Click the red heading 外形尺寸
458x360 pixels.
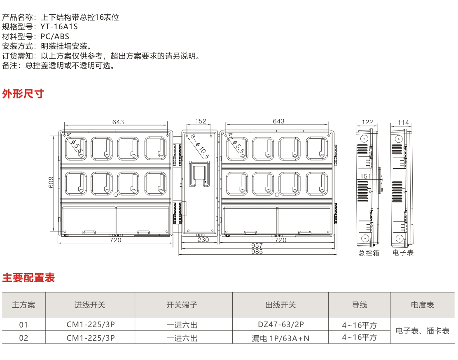click(x=23, y=94)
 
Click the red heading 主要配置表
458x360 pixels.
click(x=28, y=278)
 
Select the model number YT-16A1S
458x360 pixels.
click(x=59, y=27)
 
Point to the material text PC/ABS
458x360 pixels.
click(x=55, y=36)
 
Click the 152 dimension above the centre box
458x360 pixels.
click(x=201, y=121)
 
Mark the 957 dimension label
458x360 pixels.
click(x=257, y=246)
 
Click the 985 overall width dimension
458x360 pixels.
click(x=257, y=252)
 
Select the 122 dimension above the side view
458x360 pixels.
click(x=367, y=122)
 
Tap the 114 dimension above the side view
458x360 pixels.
click(x=403, y=122)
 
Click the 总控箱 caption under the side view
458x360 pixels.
click(x=369, y=253)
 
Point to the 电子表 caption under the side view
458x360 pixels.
click(x=403, y=253)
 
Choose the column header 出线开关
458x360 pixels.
click(x=280, y=305)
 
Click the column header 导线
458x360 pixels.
click(x=359, y=305)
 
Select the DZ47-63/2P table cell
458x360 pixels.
click(x=280, y=325)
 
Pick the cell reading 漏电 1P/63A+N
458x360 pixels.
click(x=280, y=338)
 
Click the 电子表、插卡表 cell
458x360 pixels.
click(x=422, y=331)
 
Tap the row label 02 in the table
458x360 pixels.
click(x=23, y=338)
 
